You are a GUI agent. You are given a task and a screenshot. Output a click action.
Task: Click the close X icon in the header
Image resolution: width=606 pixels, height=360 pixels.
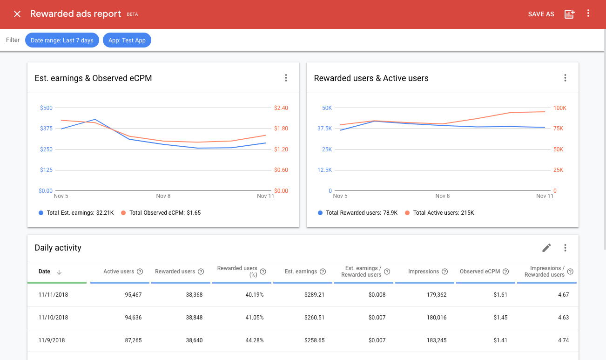point(17,14)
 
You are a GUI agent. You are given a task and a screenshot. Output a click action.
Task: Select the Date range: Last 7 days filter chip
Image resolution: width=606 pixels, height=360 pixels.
point(62,41)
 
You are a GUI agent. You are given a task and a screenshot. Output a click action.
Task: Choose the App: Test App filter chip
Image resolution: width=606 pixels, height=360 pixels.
point(127,41)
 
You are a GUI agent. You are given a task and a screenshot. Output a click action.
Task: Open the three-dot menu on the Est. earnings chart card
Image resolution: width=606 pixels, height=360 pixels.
point(286,78)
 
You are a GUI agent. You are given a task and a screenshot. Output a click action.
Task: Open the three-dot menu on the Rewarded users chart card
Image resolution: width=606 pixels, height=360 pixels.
point(565,78)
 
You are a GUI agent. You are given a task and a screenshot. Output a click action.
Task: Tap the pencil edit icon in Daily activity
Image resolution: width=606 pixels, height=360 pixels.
point(547,248)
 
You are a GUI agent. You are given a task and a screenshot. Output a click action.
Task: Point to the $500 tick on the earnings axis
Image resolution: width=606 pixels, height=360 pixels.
point(47,108)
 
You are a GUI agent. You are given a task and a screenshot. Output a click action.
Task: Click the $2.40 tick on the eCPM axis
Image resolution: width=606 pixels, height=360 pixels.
point(281,108)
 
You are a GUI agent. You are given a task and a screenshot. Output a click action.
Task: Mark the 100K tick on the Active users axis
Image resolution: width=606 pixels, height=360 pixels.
point(559,108)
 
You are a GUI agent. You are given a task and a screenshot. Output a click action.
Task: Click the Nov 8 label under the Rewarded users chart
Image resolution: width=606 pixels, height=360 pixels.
point(443,196)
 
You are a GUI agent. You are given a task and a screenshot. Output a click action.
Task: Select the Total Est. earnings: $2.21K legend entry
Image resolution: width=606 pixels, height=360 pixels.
point(76,213)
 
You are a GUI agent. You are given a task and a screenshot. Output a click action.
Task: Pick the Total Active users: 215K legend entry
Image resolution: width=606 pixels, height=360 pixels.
point(439,213)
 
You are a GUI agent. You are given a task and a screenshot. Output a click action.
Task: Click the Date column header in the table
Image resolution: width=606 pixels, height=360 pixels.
point(45,272)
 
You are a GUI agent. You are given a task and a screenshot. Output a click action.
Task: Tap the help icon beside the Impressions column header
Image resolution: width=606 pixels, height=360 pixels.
point(444,272)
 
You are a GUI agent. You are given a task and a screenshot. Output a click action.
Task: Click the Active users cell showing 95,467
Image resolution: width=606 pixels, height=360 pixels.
point(131,295)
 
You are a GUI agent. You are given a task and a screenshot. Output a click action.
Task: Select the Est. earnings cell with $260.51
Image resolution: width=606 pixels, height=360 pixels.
point(314,318)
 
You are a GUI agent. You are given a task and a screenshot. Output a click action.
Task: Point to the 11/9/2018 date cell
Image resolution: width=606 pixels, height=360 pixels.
point(52,340)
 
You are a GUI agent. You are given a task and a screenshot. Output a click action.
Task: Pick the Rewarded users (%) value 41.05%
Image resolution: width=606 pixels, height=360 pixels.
point(254,318)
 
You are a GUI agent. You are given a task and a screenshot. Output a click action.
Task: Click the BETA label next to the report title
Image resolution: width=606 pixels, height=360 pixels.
point(132,14)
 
